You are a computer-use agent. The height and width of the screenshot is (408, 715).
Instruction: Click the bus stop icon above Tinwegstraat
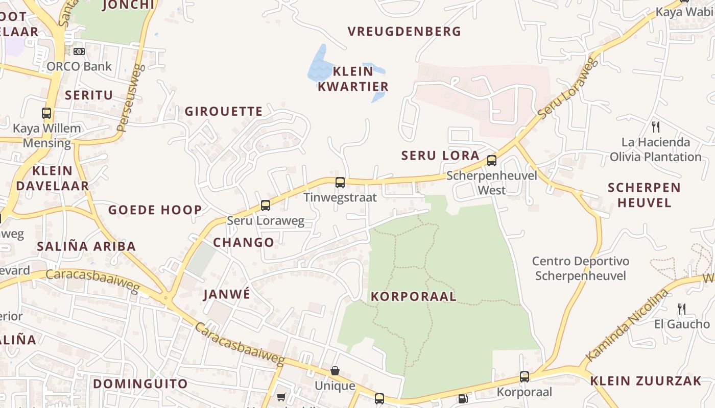[340, 182]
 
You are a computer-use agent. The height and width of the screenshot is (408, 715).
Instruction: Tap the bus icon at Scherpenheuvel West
[492, 161]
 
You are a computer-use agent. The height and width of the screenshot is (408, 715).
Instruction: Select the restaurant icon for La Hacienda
[656, 126]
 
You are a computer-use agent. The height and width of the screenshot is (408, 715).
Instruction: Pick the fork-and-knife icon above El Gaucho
[681, 309]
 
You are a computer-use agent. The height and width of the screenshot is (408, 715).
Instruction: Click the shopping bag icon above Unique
[335, 371]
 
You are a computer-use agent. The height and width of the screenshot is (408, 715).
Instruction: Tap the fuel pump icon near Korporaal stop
[463, 398]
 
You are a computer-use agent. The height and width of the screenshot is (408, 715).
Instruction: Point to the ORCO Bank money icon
[79, 52]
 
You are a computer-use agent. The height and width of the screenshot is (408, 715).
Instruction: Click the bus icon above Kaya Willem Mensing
[46, 113]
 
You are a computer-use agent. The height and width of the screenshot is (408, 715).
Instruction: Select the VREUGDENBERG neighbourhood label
[404, 32]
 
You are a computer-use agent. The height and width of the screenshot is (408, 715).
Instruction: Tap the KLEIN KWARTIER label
[353, 79]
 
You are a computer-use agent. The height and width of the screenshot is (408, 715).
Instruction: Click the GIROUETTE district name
[224, 111]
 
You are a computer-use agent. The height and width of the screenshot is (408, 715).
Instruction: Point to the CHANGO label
[244, 242]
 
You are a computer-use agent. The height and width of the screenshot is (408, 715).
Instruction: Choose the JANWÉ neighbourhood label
[227, 294]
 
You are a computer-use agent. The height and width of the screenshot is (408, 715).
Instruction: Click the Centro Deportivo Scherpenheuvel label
[581, 268]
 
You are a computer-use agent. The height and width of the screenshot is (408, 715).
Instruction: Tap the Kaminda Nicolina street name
[627, 326]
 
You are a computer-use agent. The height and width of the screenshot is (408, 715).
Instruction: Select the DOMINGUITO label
[140, 384]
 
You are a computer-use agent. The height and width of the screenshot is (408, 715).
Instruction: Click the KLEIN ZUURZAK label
[646, 380]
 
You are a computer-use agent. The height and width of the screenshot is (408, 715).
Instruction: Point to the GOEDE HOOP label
[155, 210]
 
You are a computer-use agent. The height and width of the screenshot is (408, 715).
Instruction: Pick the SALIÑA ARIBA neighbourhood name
[86, 246]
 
